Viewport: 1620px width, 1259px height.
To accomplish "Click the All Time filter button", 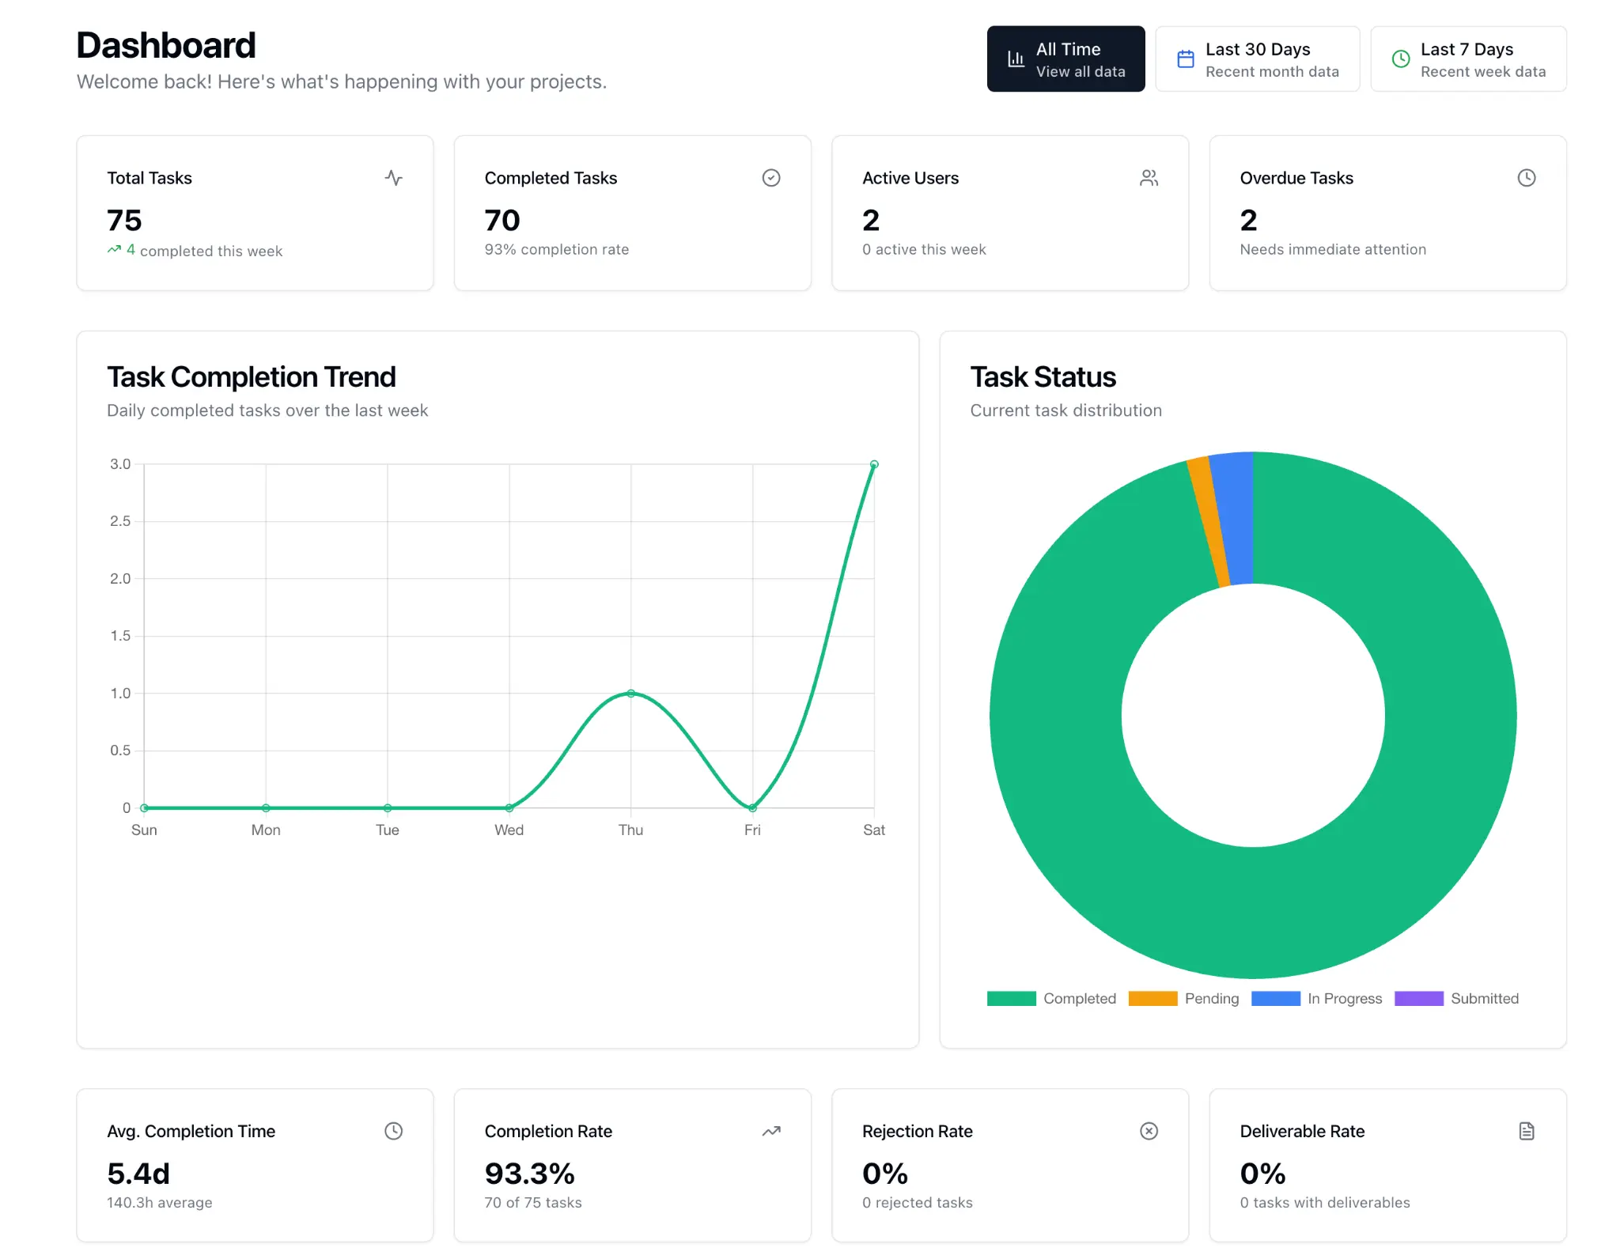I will (1065, 59).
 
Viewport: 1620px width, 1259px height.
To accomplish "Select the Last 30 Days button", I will (1257, 59).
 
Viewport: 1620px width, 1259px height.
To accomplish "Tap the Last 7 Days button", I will (1467, 59).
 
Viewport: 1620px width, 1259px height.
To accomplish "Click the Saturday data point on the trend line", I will (874, 464).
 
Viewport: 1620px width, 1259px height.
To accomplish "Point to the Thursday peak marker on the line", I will (630, 694).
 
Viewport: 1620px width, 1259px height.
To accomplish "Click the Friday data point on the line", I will (752, 807).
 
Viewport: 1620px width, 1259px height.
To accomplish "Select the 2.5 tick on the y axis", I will (120, 521).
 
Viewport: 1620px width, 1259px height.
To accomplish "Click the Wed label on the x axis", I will (509, 830).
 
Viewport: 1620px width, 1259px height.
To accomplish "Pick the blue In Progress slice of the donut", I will (1235, 518).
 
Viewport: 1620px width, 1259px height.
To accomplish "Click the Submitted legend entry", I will (1456, 998).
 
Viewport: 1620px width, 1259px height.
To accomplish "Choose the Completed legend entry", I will (1051, 998).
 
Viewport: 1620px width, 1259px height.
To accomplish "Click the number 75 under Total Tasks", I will (124, 220).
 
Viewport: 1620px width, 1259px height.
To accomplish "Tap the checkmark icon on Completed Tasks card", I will (770, 178).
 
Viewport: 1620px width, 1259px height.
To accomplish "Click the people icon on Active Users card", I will (1149, 178).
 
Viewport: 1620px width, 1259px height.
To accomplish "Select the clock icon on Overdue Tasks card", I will (1526, 178).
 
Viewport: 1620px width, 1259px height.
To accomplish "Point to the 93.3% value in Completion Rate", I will (529, 1174).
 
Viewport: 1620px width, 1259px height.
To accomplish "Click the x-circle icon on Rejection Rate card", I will (1149, 1131).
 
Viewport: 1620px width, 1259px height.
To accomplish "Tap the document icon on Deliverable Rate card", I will (1526, 1131).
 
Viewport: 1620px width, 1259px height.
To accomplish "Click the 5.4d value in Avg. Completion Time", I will (138, 1174).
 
